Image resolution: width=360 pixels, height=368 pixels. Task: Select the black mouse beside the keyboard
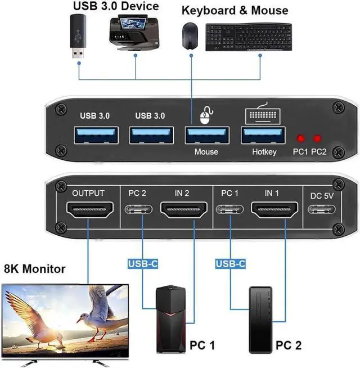point(189,35)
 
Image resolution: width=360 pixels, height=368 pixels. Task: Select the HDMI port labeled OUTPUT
point(88,212)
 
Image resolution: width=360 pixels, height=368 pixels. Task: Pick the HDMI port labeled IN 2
point(181,212)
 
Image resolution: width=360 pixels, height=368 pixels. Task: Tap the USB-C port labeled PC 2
point(137,213)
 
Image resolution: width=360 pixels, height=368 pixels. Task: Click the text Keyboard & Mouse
point(235,10)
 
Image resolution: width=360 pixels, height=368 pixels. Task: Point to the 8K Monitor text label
point(34,269)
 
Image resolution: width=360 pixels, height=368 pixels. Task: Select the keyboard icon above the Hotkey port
point(262,114)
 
